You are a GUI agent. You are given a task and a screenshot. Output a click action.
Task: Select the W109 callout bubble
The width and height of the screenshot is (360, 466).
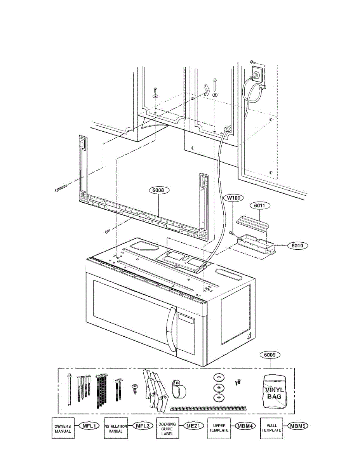click(235, 198)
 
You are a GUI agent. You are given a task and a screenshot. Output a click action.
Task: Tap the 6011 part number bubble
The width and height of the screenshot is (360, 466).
click(262, 205)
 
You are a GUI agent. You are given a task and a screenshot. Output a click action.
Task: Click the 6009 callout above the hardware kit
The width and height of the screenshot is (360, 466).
click(270, 355)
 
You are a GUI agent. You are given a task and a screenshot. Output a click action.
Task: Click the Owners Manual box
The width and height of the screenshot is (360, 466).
click(63, 428)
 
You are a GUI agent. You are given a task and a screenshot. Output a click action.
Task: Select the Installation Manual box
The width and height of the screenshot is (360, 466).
click(115, 428)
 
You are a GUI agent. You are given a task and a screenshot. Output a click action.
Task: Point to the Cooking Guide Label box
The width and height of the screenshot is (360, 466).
click(167, 428)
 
